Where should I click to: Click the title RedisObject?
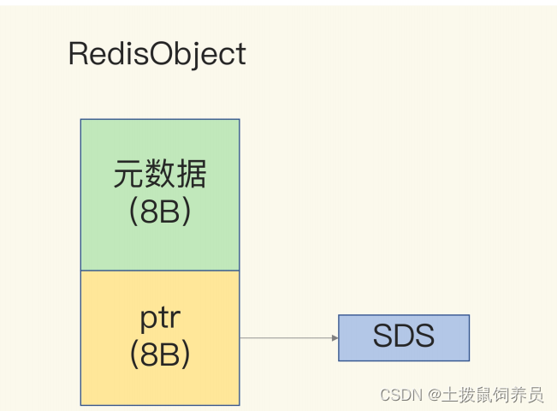point(157,55)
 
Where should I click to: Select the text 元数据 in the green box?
point(160,176)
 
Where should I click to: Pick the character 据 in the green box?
point(191,176)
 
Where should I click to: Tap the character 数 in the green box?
point(160,176)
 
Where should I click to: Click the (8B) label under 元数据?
point(160,212)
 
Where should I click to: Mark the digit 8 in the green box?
point(151,212)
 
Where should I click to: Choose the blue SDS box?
point(403,337)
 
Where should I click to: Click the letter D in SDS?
point(404,337)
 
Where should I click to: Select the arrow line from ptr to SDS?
point(287,338)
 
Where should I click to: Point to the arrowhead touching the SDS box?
point(335,338)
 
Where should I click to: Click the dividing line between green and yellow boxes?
point(160,271)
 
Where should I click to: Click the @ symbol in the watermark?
point(435,395)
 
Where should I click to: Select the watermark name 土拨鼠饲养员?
point(492,395)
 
